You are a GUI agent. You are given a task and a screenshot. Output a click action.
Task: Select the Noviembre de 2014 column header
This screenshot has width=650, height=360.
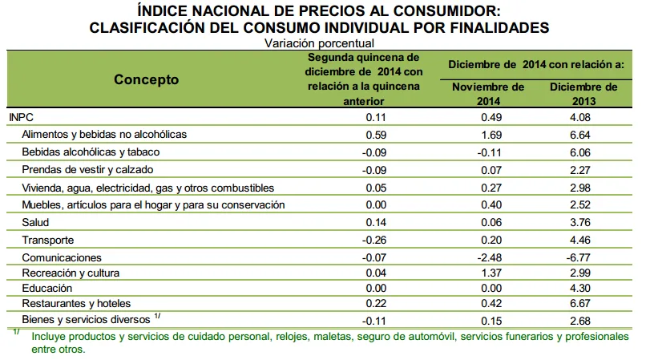point(488,94)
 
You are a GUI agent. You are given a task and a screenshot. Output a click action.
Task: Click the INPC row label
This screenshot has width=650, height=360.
point(21,117)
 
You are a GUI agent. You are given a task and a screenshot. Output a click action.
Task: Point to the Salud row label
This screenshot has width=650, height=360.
point(37,222)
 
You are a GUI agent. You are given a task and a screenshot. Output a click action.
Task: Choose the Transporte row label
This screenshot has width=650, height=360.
point(49,240)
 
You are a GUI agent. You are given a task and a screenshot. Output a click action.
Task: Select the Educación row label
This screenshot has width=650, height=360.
point(47,288)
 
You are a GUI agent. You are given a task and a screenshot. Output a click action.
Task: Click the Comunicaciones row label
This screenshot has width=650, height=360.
point(62,257)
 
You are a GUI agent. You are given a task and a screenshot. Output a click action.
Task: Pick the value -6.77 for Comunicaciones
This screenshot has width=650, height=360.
point(577,257)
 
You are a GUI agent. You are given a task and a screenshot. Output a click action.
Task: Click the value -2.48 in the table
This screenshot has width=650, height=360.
point(486,257)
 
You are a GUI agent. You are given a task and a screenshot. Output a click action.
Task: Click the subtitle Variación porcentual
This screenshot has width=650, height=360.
point(319,43)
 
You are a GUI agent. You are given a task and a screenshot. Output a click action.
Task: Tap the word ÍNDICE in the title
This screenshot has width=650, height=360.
point(164,11)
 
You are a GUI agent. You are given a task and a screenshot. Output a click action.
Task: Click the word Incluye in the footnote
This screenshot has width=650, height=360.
point(48,335)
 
